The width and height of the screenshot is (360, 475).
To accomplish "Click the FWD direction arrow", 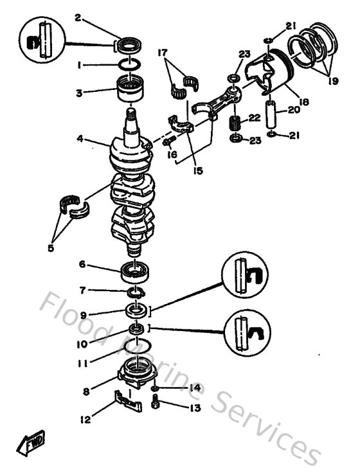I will (32, 443).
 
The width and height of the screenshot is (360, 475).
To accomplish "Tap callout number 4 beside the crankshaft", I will (80, 137).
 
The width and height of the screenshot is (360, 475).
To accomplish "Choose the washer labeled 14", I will (156, 390).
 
